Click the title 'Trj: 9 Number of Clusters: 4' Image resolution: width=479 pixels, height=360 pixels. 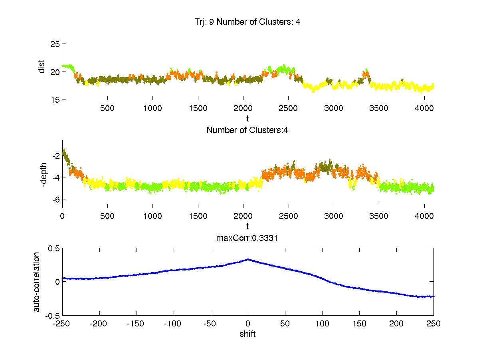247,22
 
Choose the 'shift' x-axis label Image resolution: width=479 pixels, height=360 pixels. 247,334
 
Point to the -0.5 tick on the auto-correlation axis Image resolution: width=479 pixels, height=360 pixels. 52,315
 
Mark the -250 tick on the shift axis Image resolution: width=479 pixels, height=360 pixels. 62,324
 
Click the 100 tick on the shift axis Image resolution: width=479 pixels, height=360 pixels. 322,324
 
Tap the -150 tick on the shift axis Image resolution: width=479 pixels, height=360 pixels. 137,324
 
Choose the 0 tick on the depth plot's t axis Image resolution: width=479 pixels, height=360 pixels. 62,216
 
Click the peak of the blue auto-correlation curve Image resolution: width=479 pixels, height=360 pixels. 248,259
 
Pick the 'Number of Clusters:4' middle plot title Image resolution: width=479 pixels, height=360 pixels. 247,130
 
